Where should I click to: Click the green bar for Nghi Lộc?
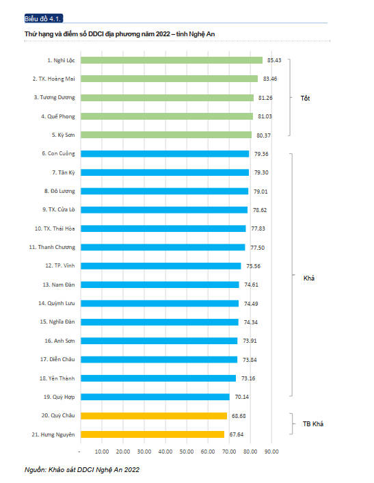[171, 60]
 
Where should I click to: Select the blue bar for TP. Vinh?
[161, 265]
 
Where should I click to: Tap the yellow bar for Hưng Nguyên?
[152, 434]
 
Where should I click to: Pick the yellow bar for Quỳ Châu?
[153, 415]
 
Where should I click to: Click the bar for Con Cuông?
[165, 154]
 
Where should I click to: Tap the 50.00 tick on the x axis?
[186, 452]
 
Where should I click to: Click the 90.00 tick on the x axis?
[271, 452]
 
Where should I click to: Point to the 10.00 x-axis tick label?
[101, 452]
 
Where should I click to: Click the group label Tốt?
[305, 98]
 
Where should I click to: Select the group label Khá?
[308, 278]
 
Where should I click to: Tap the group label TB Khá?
[312, 424]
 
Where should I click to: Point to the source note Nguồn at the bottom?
[82, 470]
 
